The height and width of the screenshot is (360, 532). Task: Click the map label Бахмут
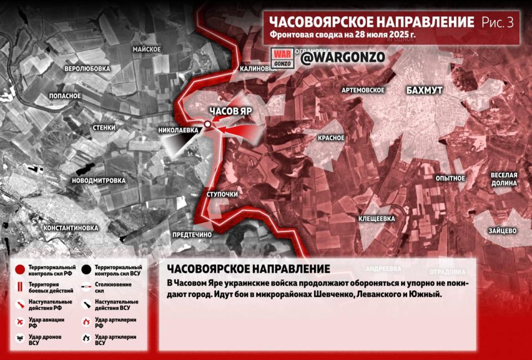coord(424,90)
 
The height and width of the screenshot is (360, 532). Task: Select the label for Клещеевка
coord(377,218)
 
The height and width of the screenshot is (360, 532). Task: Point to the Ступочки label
coord(222,195)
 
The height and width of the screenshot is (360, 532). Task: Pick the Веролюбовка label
coord(87,69)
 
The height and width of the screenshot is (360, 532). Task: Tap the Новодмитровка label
coord(99,181)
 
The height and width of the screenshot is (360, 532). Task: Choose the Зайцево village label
coord(502,230)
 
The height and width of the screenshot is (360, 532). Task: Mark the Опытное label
coord(450,178)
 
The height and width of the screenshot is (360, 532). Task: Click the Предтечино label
coord(192,235)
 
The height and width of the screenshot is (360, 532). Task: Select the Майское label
coord(146,49)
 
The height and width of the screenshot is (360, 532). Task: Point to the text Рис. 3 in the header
coord(498,22)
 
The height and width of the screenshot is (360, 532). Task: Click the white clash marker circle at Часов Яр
coord(207,125)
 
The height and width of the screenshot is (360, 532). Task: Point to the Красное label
coord(331,138)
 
